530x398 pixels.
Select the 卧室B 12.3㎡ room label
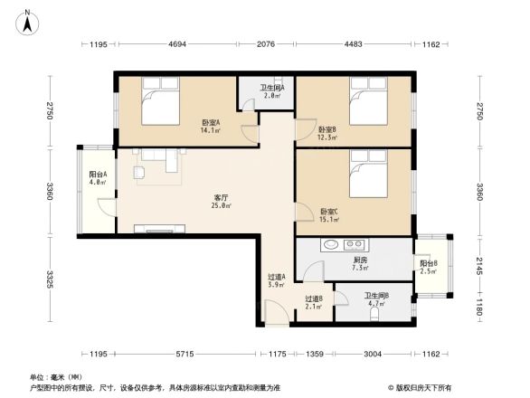(327, 133)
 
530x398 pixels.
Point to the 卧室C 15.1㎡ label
(329, 214)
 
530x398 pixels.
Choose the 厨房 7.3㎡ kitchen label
(359, 263)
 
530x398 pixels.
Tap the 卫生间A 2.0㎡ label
(271, 90)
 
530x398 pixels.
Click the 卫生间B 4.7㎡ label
(377, 299)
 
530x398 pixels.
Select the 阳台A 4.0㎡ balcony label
(99, 178)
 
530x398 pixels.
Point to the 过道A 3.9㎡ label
(277, 280)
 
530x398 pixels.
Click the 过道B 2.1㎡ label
(313, 302)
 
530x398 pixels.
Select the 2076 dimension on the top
(266, 44)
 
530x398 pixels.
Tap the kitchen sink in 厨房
(330, 243)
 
